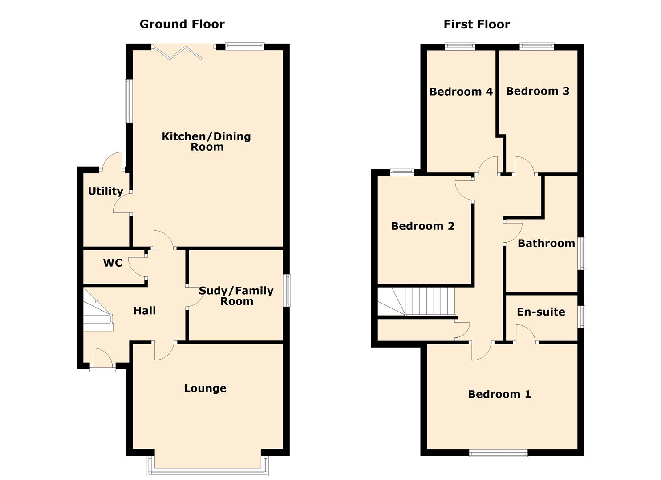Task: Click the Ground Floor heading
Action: (182, 24)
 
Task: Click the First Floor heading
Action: (477, 24)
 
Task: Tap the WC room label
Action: (113, 263)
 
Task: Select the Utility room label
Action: (105, 191)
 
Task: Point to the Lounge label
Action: (205, 388)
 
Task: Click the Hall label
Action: (145, 310)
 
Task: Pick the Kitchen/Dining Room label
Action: (207, 141)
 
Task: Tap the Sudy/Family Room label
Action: (236, 296)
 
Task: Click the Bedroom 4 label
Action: (461, 92)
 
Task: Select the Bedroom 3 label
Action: (538, 91)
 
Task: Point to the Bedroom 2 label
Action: (422, 226)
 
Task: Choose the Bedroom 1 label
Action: (499, 394)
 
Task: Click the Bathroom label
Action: (546, 244)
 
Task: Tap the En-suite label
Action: (541, 312)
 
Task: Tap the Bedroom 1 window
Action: (499, 453)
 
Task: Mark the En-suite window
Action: (581, 317)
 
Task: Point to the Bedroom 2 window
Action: (402, 172)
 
